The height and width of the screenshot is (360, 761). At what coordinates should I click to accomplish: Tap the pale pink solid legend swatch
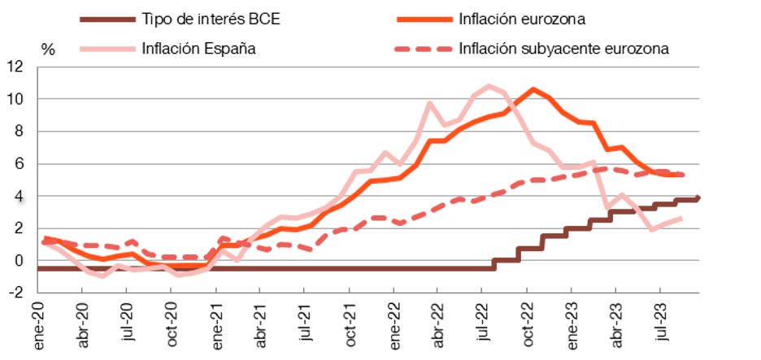(x=108, y=49)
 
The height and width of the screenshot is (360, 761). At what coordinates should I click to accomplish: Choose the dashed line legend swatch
(x=424, y=49)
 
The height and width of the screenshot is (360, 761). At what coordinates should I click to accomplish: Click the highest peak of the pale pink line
(x=489, y=85)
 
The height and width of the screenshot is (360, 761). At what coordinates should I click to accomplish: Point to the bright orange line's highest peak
(x=533, y=89)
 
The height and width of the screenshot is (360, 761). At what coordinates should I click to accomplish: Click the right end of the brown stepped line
(x=699, y=197)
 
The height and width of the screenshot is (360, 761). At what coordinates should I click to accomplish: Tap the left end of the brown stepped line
(x=39, y=268)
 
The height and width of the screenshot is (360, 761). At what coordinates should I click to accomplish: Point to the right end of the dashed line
(x=683, y=174)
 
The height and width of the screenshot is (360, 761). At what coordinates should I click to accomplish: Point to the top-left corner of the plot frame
(x=38, y=67)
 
